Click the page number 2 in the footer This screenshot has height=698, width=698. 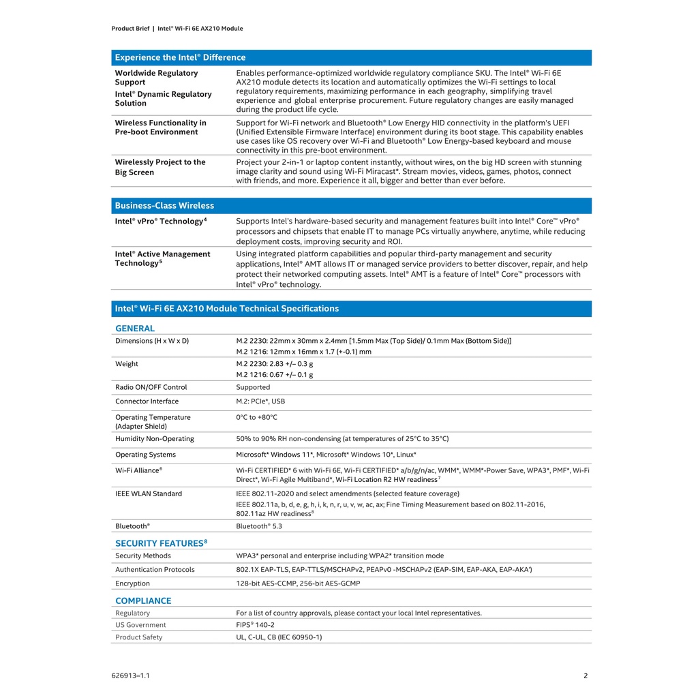pyautogui.click(x=586, y=676)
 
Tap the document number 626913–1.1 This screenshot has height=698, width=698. pyautogui.click(x=130, y=676)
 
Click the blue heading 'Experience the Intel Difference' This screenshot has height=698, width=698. pyautogui.click(x=180, y=58)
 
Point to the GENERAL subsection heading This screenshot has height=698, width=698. pyautogui.click(x=135, y=329)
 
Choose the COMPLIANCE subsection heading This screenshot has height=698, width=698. pyautogui.click(x=143, y=601)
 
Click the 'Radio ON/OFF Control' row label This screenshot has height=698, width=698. pyautogui.click(x=151, y=387)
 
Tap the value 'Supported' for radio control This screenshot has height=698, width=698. pyautogui.click(x=253, y=387)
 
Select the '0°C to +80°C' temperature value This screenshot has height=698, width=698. pyautogui.click(x=257, y=417)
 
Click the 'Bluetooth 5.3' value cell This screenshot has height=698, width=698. pyautogui.click(x=259, y=526)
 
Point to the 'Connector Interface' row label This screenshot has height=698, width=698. pyautogui.click(x=147, y=401)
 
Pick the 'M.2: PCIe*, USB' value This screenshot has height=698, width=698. pyautogui.click(x=260, y=401)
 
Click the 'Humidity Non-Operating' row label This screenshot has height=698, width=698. pyautogui.click(x=155, y=439)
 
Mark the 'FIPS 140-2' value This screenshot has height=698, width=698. pyautogui.click(x=256, y=624)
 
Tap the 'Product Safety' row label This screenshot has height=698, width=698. pyautogui.click(x=139, y=637)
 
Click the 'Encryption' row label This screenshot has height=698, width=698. pyautogui.click(x=132, y=583)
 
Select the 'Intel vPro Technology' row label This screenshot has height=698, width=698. pyautogui.click(x=160, y=222)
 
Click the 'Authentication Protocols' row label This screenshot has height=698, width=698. pyautogui.click(x=155, y=570)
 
